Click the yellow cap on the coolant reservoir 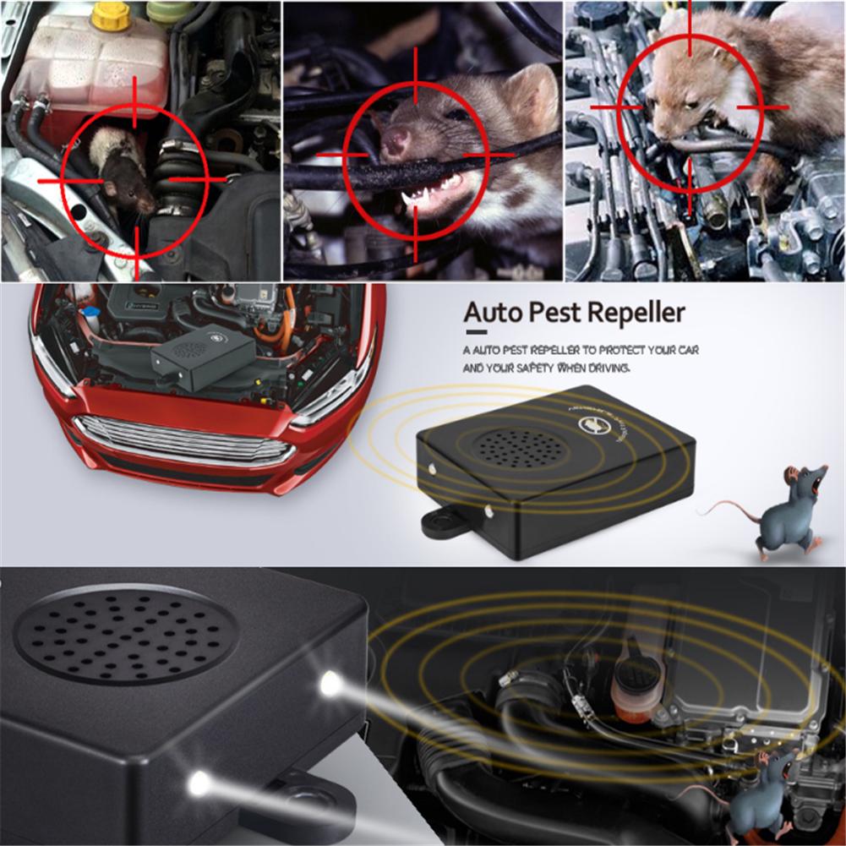pyautogui.click(x=112, y=14)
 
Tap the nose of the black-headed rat pyautogui.click(x=150, y=205)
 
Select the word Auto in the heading pyautogui.click(x=493, y=313)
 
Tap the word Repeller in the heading pyautogui.click(x=635, y=313)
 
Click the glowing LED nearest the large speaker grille pyautogui.click(x=329, y=685)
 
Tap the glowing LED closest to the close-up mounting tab pyautogui.click(x=199, y=783)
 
